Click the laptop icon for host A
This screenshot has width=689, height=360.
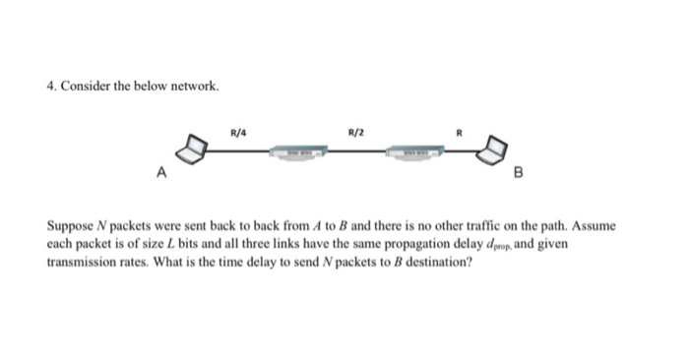tap(193, 151)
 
